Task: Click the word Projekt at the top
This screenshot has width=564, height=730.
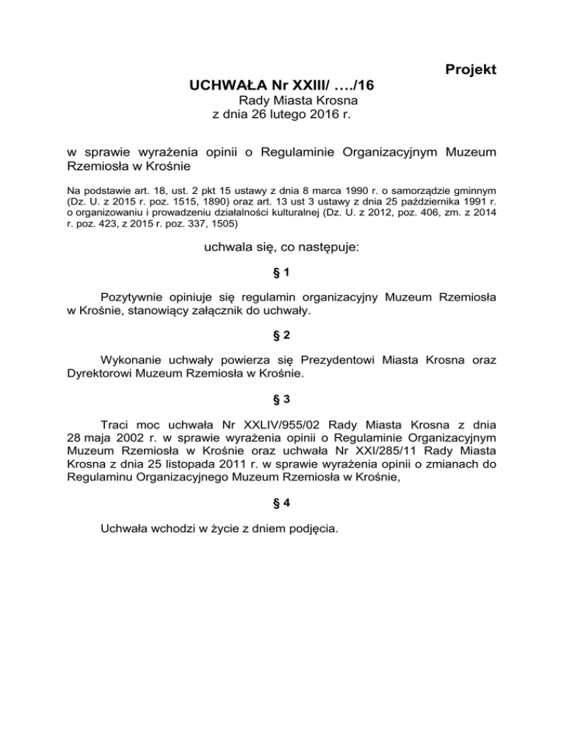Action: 471,70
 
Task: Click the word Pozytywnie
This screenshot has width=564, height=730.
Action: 134,297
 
